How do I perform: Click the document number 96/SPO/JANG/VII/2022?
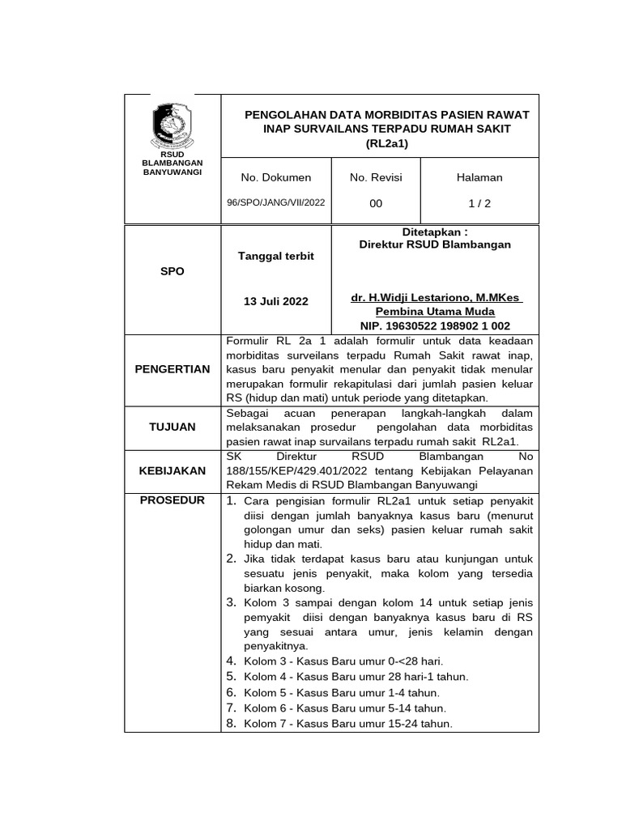(x=276, y=203)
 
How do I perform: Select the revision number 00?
(x=376, y=204)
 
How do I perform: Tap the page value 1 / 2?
(x=480, y=204)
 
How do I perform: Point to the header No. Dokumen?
(x=276, y=177)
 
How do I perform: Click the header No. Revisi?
(x=376, y=177)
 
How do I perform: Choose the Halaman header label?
(x=480, y=177)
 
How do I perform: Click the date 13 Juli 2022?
(x=276, y=301)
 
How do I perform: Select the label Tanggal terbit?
(x=275, y=256)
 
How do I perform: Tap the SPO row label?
(x=172, y=271)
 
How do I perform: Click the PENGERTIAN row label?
(x=173, y=369)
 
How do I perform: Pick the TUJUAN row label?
(x=173, y=427)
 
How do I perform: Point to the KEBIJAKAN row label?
(x=173, y=470)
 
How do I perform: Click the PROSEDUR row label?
(x=173, y=500)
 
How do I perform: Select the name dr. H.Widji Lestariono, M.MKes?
(x=436, y=298)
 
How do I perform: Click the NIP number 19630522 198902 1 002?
(x=436, y=325)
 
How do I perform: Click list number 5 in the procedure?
(x=231, y=676)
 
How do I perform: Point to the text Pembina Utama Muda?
(x=436, y=312)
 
